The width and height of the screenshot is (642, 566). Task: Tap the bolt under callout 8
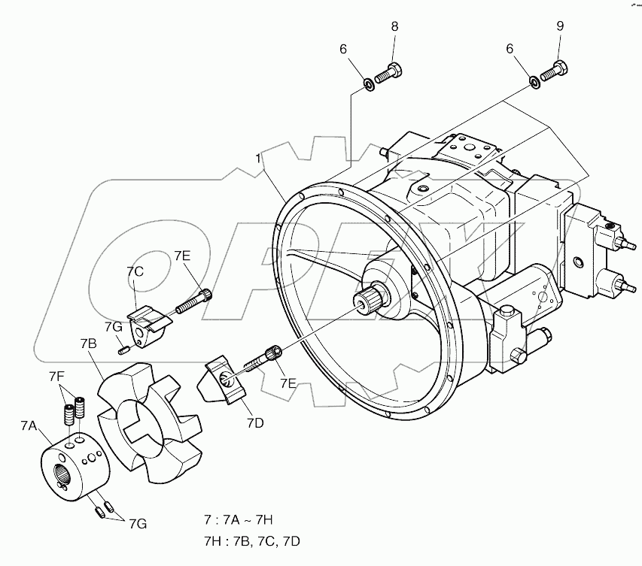click(389, 73)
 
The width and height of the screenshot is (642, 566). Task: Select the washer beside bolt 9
click(534, 80)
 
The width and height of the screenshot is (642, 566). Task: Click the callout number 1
click(258, 159)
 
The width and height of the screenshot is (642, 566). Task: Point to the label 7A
click(28, 425)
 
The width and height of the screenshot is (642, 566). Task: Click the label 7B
click(88, 344)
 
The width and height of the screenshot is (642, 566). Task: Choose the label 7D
click(254, 423)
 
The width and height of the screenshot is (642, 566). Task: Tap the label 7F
click(56, 376)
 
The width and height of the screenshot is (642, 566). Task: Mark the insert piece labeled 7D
click(224, 380)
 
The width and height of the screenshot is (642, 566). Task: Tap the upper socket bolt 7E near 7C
click(195, 301)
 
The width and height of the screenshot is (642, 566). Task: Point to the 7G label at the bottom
click(138, 522)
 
